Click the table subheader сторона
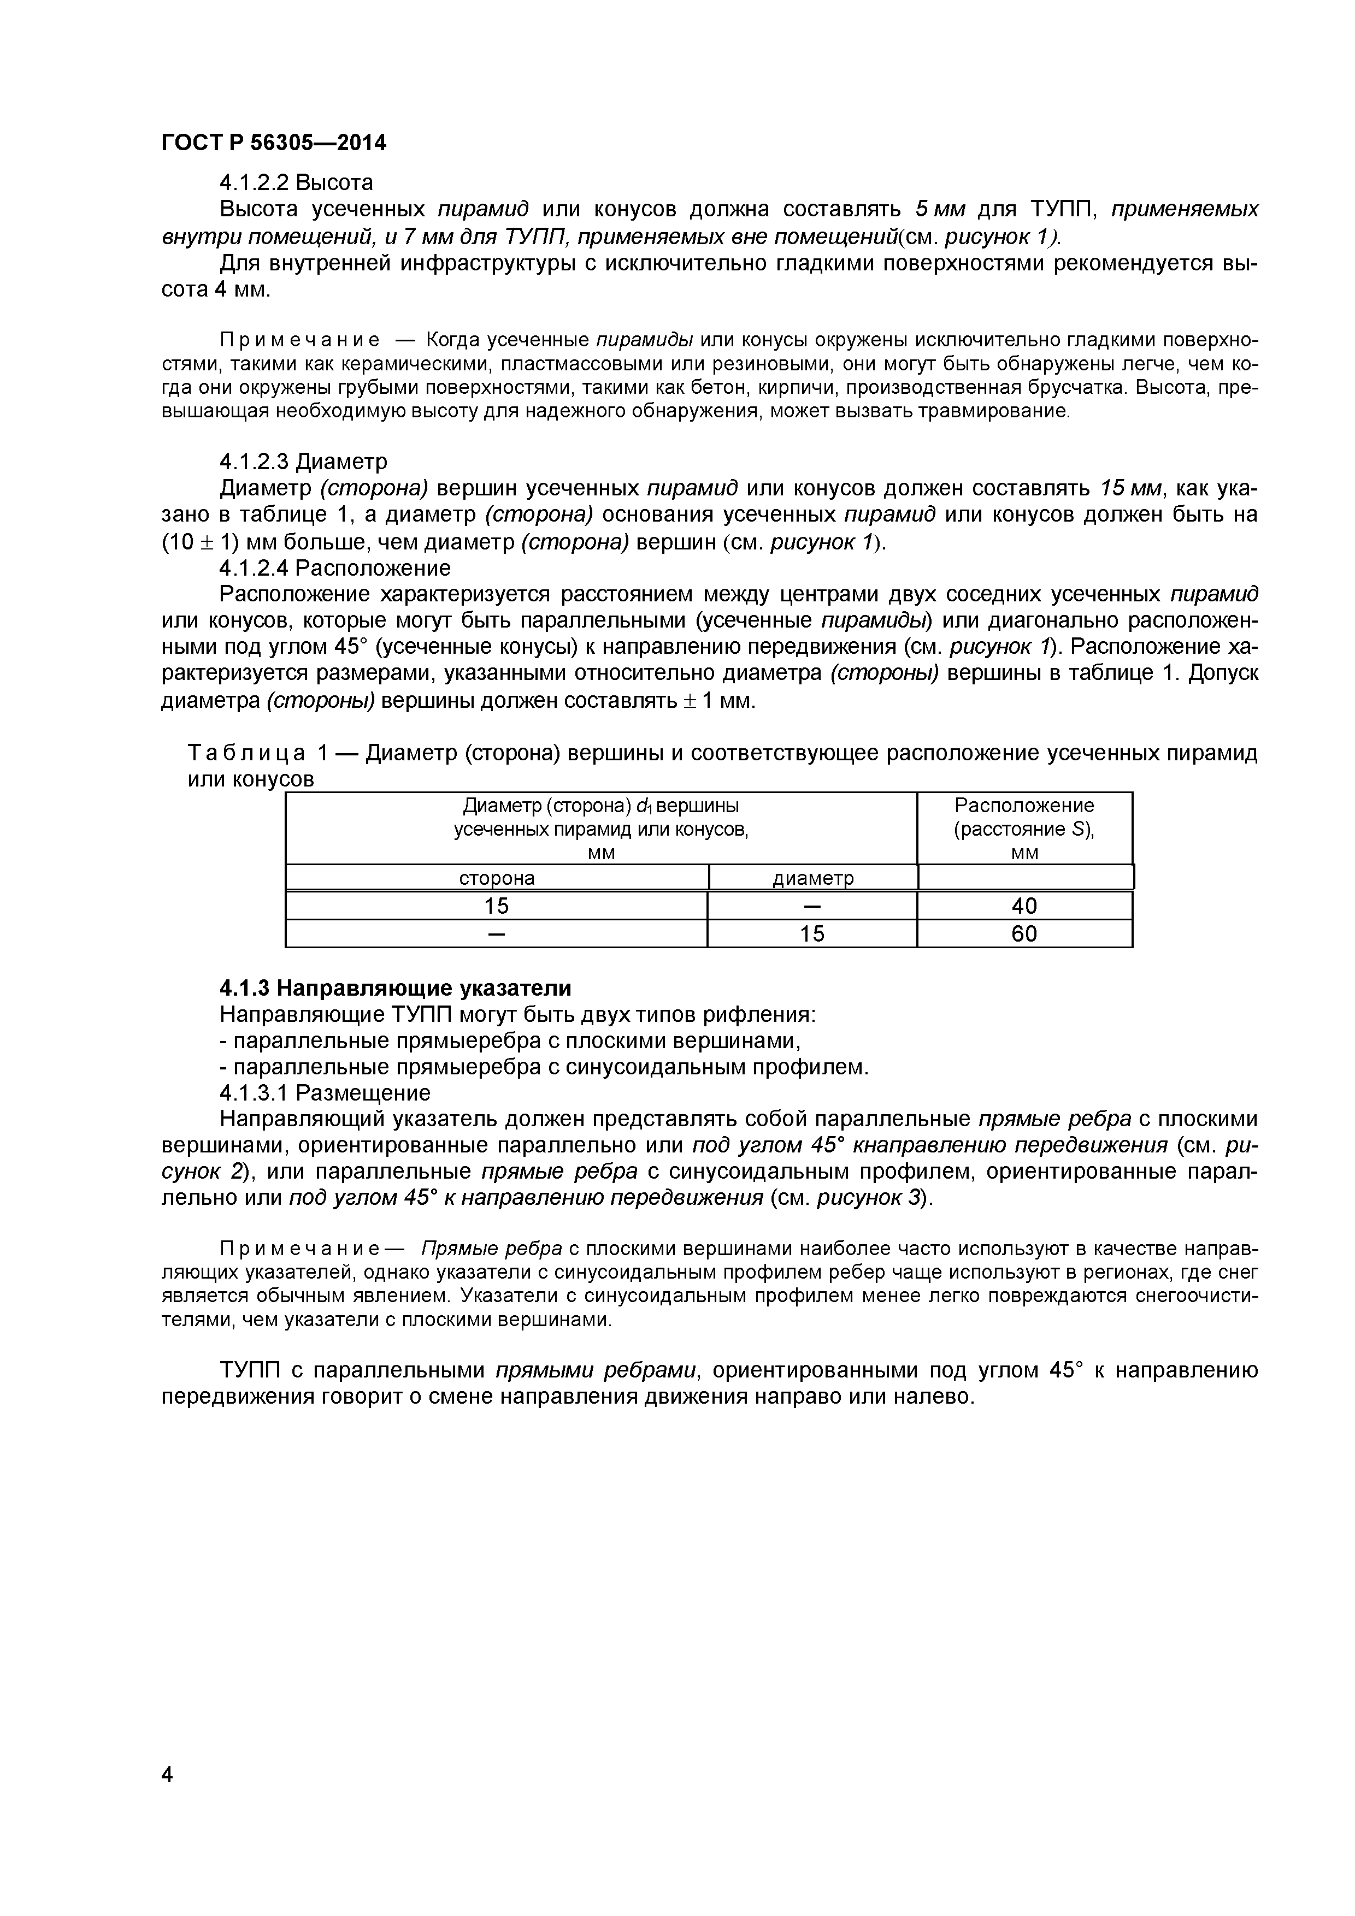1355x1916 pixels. point(497,878)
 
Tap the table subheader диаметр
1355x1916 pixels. point(812,878)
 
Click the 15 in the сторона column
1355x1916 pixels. point(497,906)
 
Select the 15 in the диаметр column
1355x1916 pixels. point(812,934)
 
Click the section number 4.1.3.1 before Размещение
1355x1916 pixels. point(255,1092)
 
